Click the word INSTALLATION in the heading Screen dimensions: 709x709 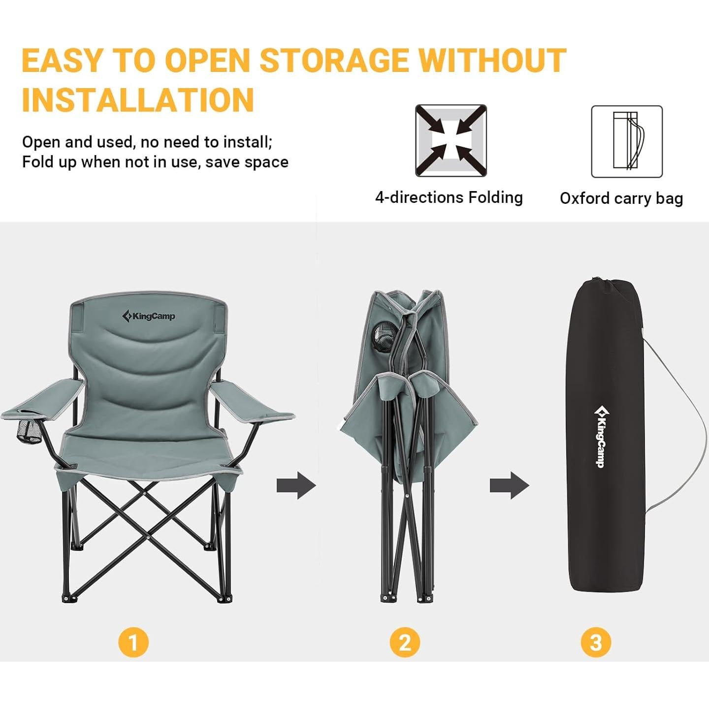coord(138,100)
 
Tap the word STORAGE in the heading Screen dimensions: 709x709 coord(334,61)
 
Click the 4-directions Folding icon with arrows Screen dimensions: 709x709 coord(451,140)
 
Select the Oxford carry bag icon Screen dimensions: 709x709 coord(626,141)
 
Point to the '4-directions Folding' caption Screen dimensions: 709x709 coord(449,197)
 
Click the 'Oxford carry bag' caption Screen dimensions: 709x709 coord(621,198)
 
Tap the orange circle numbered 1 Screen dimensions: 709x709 coord(133,642)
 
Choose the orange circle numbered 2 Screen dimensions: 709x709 coord(405,642)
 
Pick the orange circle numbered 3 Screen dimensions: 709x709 coord(596,642)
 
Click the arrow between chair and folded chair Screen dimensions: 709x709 coord(296,485)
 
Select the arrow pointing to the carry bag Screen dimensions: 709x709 coord(509,485)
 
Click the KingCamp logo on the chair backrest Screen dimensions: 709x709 coord(148,316)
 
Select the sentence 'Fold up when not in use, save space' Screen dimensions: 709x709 coord(155,162)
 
